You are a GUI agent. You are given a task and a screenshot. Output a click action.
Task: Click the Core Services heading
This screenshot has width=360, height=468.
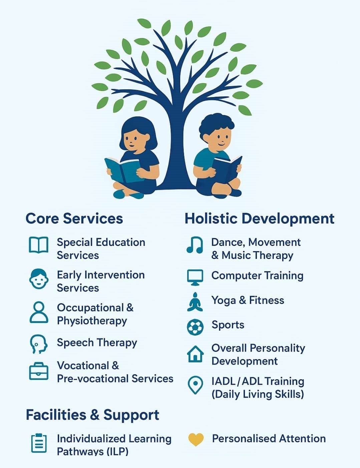point(74,218)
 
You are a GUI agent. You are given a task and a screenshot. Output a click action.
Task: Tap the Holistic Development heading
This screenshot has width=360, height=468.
point(260,219)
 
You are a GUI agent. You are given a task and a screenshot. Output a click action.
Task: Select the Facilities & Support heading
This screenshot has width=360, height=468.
point(92,415)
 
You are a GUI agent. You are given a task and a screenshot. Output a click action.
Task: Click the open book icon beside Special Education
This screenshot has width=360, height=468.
point(39,245)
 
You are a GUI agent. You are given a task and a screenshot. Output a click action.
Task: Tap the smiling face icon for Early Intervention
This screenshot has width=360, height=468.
point(39,279)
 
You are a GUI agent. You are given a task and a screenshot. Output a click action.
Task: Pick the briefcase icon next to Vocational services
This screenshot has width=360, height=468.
point(39,371)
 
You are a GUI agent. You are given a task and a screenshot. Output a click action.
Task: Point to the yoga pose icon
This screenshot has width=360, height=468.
point(195,302)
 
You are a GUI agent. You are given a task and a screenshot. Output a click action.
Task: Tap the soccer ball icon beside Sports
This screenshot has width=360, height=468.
point(195,327)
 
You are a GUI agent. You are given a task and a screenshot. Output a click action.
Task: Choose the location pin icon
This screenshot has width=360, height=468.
point(195,385)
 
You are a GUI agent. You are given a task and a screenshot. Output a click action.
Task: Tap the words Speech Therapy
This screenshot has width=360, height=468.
point(97,343)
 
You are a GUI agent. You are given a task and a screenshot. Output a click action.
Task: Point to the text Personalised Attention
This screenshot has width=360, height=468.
point(269,439)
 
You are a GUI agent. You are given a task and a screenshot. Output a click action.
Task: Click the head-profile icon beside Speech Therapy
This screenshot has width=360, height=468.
point(39,344)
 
